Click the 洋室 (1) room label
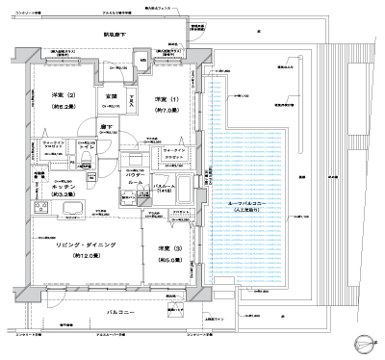coord(162,100)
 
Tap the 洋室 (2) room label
coord(52,93)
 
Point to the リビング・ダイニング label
coord(85,246)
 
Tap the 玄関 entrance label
coord(111,96)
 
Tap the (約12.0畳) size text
coord(85,256)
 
